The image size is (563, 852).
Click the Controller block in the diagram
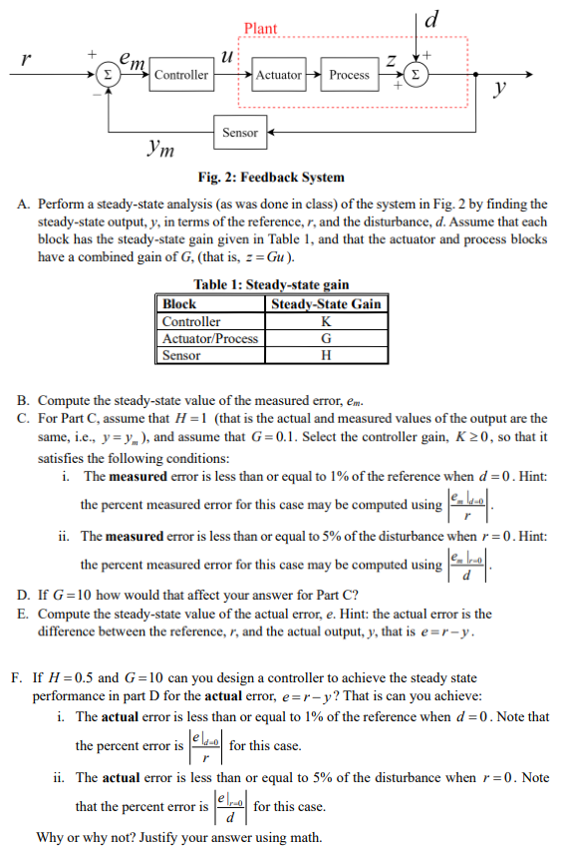coord(181,75)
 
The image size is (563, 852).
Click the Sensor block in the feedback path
coord(240,132)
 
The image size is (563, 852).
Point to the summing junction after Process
coord(419,75)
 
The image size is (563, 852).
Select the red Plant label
coord(260,29)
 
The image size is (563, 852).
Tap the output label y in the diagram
coord(500,90)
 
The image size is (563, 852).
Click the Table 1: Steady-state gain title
coord(271,285)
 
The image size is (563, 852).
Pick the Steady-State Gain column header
coord(327,303)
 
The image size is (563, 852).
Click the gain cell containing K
coord(327,321)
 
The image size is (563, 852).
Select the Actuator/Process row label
coord(210,338)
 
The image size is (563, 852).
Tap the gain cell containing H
coord(327,355)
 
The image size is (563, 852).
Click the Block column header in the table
coord(179,303)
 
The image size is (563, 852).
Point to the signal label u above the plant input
coord(227,57)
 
